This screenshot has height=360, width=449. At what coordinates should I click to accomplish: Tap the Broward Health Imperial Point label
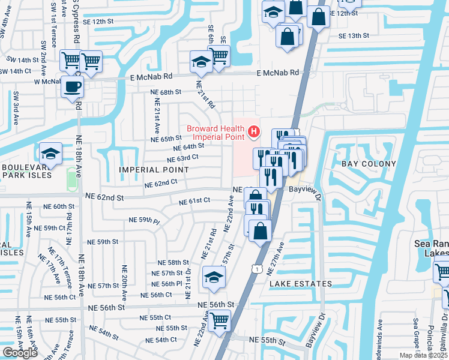coord(215,132)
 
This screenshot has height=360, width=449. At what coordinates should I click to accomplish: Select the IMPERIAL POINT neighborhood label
coord(154,170)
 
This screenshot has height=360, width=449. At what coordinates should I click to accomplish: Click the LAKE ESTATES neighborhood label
coord(300,283)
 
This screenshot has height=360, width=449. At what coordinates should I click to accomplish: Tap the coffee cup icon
coord(72,87)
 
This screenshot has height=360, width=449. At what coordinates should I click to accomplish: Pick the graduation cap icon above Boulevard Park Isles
coord(51,154)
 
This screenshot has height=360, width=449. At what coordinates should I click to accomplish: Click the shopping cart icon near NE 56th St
coord(219,320)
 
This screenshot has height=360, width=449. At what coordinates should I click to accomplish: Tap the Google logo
coord(20,353)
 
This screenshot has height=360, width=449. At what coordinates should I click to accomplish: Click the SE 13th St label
coord(354,36)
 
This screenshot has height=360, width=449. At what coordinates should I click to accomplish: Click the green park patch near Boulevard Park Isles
coord(72,178)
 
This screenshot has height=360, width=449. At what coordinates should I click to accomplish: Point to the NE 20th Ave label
coord(125,281)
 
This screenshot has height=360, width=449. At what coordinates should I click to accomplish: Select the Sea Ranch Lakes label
coord(431,248)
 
